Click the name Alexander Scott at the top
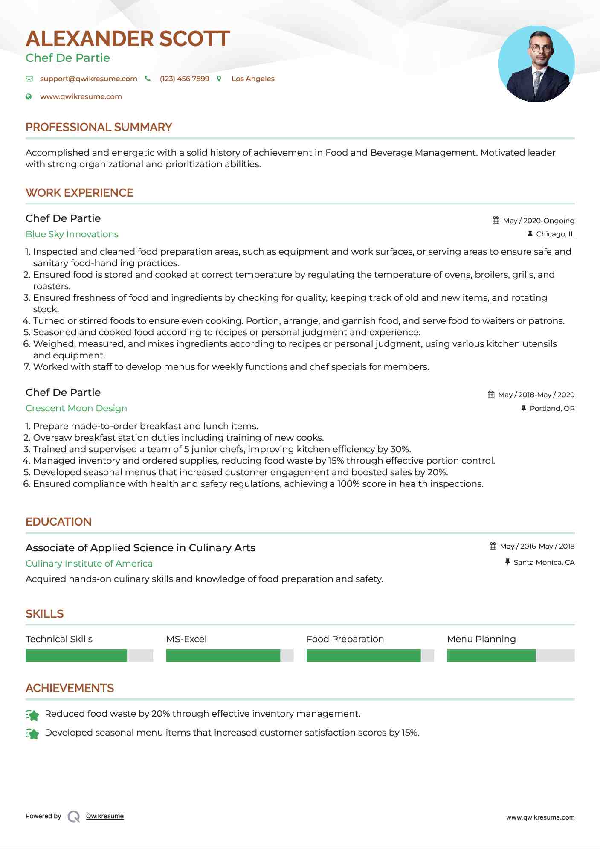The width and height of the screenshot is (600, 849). [x=128, y=39]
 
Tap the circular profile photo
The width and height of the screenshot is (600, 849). [x=536, y=64]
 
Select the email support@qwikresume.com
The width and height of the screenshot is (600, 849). [x=88, y=79]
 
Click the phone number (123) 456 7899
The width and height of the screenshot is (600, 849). [x=184, y=79]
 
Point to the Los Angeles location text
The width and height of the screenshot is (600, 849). [x=253, y=79]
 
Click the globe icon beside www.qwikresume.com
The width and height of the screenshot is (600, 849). [x=29, y=97]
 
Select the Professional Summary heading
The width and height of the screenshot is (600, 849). [x=99, y=127]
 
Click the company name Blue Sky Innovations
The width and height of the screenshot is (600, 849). [x=72, y=234]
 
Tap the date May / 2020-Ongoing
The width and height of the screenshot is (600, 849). [x=538, y=221]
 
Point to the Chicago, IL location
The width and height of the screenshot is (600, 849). [x=555, y=234]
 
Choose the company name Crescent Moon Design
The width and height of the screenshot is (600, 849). [x=76, y=408]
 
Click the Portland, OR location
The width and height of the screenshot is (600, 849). [x=552, y=408]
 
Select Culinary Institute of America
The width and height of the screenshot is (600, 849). [x=89, y=564]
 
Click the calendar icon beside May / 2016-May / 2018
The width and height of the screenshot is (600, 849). [x=493, y=546]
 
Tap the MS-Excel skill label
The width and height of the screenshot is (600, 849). [x=186, y=639]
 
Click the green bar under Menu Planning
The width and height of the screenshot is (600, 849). [x=491, y=655]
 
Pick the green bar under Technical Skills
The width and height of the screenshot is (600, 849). [x=76, y=655]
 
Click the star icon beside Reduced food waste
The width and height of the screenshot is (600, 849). [x=32, y=715]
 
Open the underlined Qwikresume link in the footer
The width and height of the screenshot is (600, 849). [x=105, y=816]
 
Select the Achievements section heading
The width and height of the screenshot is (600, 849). [x=70, y=688]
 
